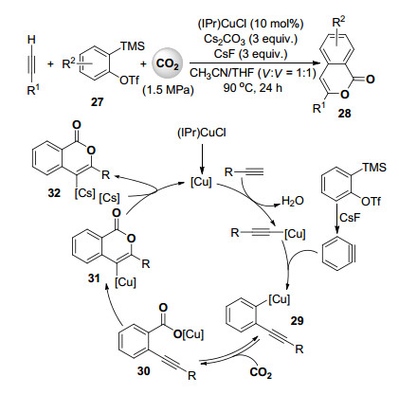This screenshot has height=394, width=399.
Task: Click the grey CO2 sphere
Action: point(168,65)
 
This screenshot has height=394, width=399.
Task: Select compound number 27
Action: point(97,102)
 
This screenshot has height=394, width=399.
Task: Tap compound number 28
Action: point(344,113)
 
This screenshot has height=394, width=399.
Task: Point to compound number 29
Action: point(297,321)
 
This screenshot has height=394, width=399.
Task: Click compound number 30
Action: point(143,370)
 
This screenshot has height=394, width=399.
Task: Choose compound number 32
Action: point(54,192)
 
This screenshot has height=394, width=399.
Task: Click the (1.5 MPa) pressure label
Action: point(168,90)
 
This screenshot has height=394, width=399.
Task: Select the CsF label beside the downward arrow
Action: point(350,218)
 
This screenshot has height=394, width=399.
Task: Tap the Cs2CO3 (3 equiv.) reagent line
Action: point(250,39)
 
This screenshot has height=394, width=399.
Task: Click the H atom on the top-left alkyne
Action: point(31,40)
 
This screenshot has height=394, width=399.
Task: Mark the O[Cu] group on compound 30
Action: point(189,334)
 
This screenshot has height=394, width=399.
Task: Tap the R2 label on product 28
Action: point(339,23)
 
